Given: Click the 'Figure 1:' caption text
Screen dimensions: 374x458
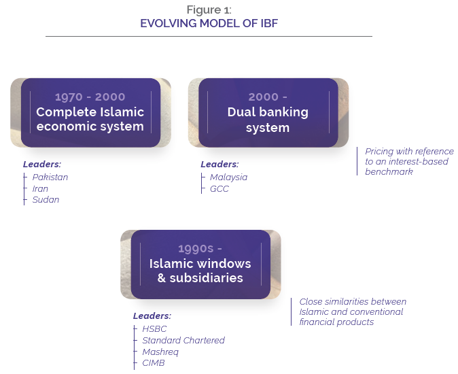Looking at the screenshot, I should (x=209, y=10).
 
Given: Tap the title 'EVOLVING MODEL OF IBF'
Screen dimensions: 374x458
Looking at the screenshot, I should (x=209, y=23).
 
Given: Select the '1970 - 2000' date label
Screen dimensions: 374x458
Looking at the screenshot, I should (x=90, y=97).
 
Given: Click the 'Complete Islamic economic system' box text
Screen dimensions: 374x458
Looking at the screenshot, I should (x=90, y=119).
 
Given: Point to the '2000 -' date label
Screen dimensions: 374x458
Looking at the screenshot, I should (x=268, y=97).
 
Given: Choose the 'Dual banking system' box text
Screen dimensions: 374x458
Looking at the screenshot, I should (x=268, y=120).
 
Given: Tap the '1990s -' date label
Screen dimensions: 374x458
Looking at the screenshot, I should (x=200, y=248).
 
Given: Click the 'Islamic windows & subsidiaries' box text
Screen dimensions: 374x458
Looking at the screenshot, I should (x=200, y=271).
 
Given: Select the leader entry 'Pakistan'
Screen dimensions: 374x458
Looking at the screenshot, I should (x=50, y=177).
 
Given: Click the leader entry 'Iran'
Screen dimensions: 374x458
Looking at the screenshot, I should (x=40, y=189).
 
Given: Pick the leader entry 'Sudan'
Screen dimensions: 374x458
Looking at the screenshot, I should (x=46, y=200).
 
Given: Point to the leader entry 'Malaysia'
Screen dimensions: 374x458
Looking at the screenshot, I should (x=228, y=177).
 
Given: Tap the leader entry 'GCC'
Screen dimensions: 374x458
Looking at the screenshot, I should (x=219, y=189).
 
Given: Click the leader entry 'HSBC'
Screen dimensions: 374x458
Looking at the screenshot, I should (x=154, y=329).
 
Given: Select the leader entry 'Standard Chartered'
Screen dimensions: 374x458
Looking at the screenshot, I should (x=183, y=340).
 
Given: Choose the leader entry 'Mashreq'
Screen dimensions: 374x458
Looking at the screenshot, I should (x=160, y=352).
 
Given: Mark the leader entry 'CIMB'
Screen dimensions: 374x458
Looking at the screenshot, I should (x=154, y=363).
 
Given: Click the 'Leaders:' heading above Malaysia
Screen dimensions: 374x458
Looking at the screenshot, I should (x=219, y=165).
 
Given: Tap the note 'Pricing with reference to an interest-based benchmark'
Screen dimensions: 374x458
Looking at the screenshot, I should (x=409, y=162).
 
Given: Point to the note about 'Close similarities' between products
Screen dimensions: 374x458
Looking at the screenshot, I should (x=353, y=311).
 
